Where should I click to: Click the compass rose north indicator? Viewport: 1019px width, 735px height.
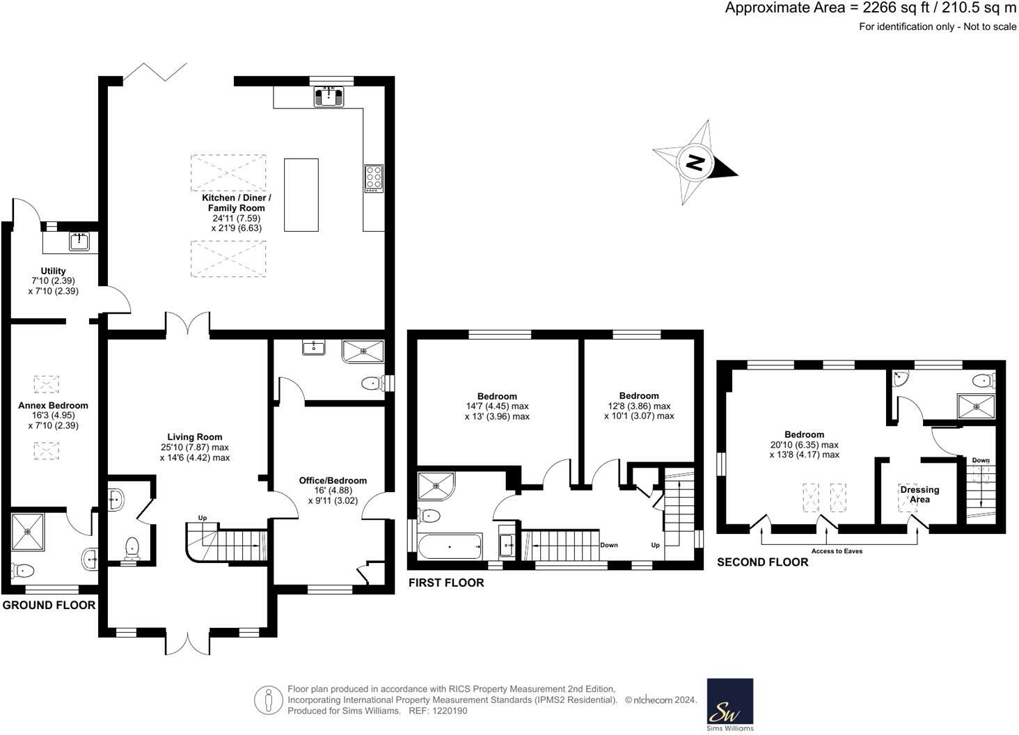(x=695, y=162)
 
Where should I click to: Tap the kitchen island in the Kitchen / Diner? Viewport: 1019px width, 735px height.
(x=301, y=195)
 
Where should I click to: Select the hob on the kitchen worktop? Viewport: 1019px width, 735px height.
(x=374, y=178)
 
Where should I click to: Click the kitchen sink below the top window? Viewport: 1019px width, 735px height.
(x=329, y=95)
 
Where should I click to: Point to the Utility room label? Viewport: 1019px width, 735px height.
(x=54, y=271)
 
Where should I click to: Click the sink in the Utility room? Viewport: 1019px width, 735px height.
(x=79, y=242)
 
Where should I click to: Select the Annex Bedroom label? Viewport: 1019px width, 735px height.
(x=54, y=405)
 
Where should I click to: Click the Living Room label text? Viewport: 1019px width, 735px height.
(x=194, y=437)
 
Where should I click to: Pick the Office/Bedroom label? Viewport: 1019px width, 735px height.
(x=333, y=480)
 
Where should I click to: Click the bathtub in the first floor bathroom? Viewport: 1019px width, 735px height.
(x=450, y=546)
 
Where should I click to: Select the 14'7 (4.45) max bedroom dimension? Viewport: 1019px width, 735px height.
(x=497, y=406)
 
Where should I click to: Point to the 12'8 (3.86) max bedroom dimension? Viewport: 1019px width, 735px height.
(x=638, y=406)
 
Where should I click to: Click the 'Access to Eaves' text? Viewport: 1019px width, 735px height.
(x=837, y=551)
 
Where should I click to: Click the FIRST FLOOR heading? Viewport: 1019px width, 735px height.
(x=446, y=583)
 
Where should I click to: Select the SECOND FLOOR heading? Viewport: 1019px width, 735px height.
(x=763, y=562)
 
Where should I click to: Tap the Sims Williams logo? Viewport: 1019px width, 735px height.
(x=730, y=704)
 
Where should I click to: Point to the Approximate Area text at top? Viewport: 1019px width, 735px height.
(x=870, y=8)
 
